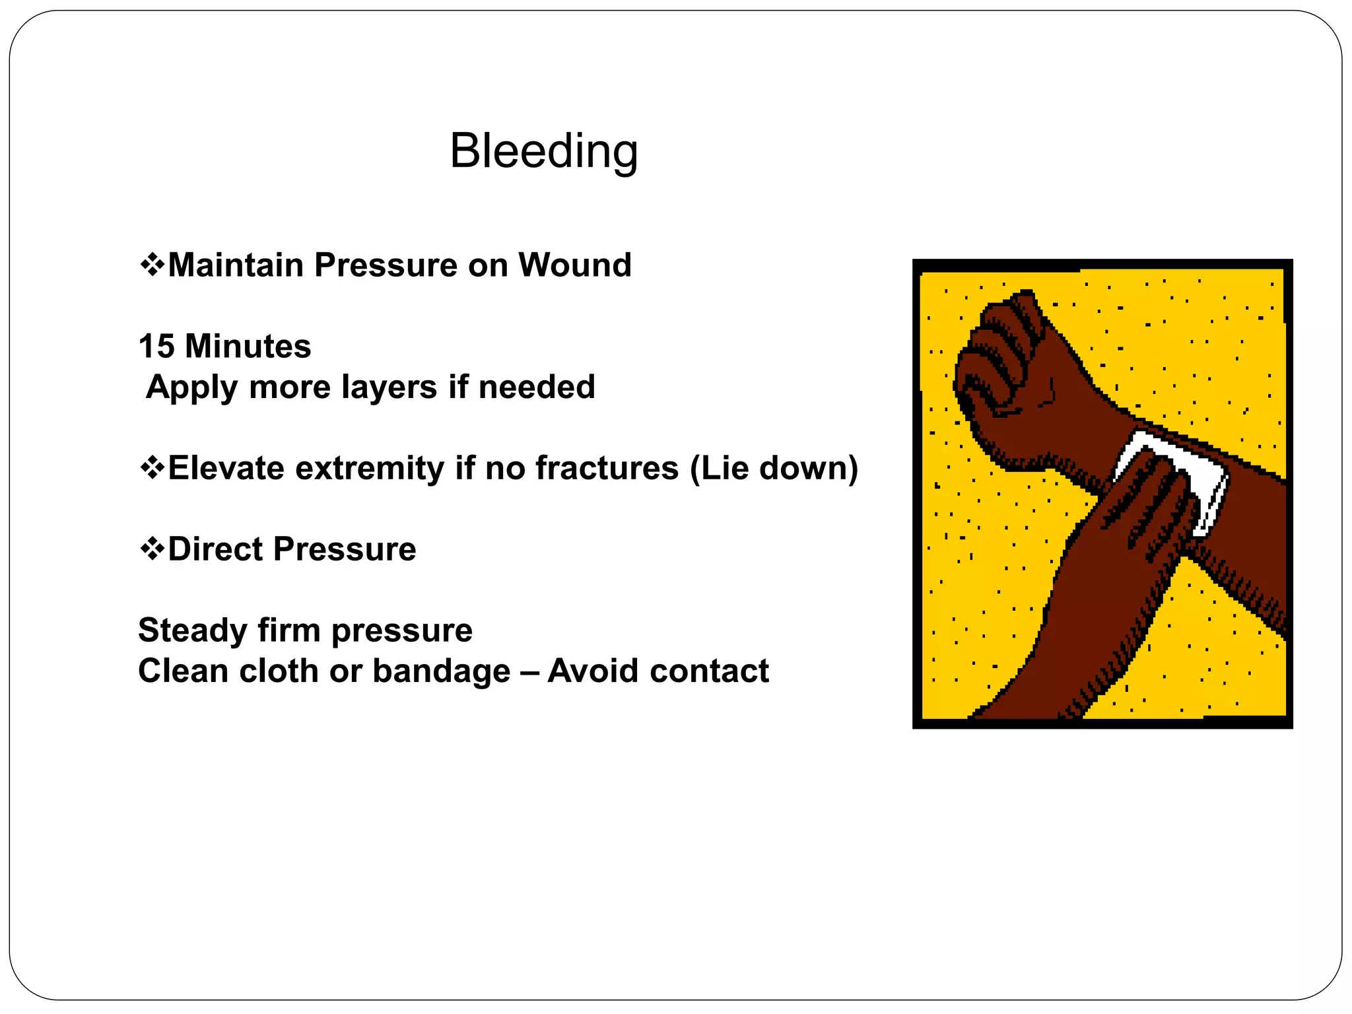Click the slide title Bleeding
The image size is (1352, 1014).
(x=543, y=151)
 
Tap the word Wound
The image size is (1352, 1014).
(x=574, y=265)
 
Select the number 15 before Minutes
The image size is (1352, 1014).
(x=156, y=347)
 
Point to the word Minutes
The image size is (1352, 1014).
(x=248, y=347)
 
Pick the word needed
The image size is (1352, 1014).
(x=537, y=387)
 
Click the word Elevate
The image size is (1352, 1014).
(x=226, y=468)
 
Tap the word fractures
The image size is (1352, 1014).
(x=607, y=468)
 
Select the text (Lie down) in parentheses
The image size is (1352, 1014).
(x=774, y=468)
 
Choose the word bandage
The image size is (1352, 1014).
(x=441, y=671)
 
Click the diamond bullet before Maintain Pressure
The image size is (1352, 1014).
(x=152, y=265)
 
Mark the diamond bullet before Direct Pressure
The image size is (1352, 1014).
(x=152, y=549)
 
